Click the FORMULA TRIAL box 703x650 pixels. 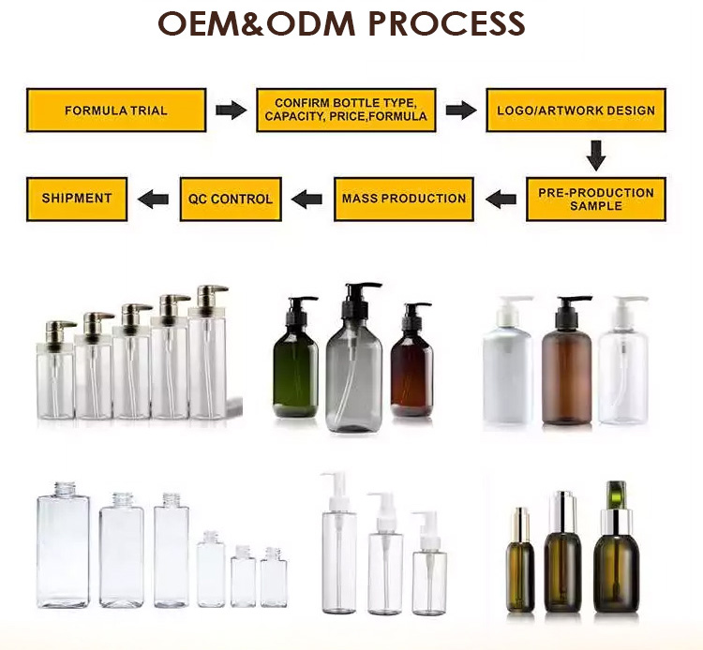pyautogui.click(x=116, y=111)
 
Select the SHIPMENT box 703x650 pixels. pyautogui.click(x=77, y=199)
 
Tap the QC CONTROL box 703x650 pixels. pyautogui.click(x=231, y=199)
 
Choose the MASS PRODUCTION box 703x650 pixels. pyautogui.click(x=403, y=199)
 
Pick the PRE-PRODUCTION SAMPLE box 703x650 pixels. pyautogui.click(x=596, y=199)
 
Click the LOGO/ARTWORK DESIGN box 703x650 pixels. pyautogui.click(x=576, y=111)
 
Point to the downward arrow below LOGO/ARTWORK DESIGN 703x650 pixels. pyautogui.click(x=596, y=155)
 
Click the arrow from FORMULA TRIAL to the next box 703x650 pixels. pyautogui.click(x=232, y=111)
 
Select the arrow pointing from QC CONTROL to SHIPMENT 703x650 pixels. pyautogui.click(x=154, y=199)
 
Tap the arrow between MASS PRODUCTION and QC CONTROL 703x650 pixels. pyautogui.click(x=307, y=199)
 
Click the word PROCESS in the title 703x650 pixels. pyautogui.click(x=446, y=23)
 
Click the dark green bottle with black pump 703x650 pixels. pyautogui.click(x=296, y=359)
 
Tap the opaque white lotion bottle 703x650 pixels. pyautogui.click(x=508, y=362)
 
